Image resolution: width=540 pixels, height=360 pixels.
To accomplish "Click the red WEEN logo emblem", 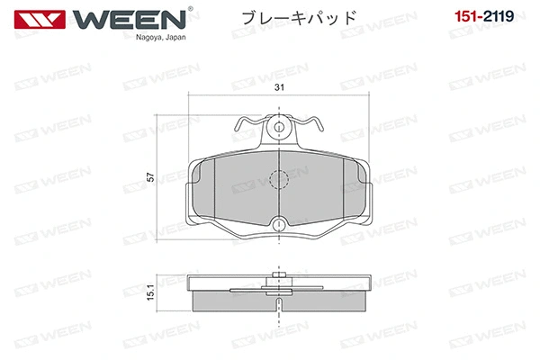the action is (40, 20).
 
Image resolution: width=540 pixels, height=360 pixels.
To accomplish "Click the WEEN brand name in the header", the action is (129, 20).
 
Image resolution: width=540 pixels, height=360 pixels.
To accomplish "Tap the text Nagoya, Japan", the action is (160, 37).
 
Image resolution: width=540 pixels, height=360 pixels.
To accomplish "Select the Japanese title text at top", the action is (299, 18).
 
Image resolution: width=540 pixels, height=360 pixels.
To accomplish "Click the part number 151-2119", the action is (484, 16).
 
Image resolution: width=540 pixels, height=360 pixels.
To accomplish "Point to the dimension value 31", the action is (279, 87).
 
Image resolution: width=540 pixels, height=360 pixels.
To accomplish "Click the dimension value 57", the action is (150, 177).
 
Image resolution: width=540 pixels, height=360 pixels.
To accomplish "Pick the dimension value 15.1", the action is (150, 292).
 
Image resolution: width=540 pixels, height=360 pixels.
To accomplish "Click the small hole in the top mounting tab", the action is (279, 128).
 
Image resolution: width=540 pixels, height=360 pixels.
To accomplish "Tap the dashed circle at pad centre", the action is (279, 179).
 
